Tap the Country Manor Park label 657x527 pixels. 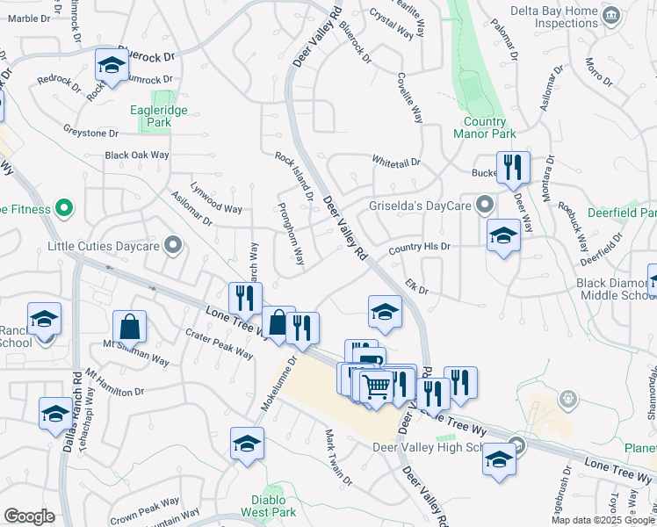click(x=486, y=128)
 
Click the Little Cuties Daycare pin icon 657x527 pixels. click(x=174, y=246)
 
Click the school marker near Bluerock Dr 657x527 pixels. click(x=112, y=65)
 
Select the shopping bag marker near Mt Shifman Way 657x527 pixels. click(x=129, y=328)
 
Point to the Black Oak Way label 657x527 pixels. click(x=136, y=155)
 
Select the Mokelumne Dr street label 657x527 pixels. click(x=279, y=384)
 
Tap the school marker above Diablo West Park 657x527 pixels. click(x=248, y=443)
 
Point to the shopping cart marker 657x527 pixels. click(x=376, y=386)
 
